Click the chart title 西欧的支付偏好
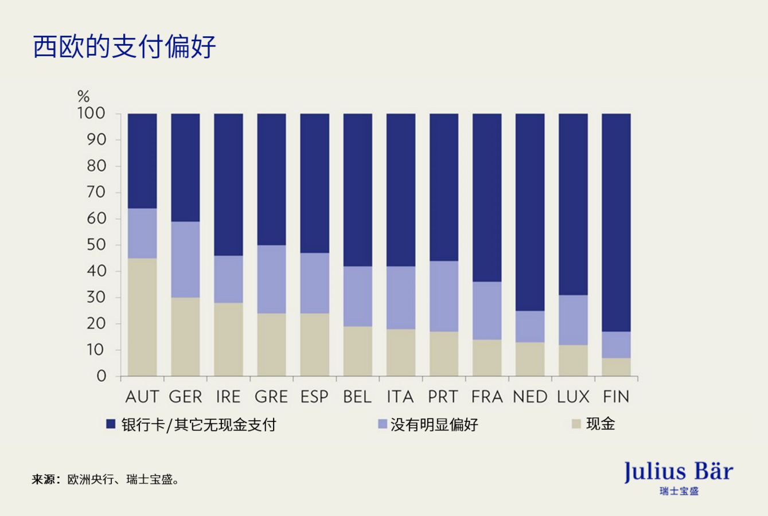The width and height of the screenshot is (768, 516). click(x=124, y=46)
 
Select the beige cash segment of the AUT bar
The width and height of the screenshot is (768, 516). click(x=142, y=317)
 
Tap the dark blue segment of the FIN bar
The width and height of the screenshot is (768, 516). click(x=616, y=222)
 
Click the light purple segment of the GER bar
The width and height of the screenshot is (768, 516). click(x=185, y=259)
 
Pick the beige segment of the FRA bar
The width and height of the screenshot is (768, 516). click(x=487, y=358)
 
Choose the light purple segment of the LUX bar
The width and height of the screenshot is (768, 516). click(x=573, y=320)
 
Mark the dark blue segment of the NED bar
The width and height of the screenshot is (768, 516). click(x=530, y=212)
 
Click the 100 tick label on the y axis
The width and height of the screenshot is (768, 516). click(x=91, y=114)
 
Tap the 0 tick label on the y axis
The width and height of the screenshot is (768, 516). click(x=102, y=376)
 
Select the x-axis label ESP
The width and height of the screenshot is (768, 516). click(x=314, y=397)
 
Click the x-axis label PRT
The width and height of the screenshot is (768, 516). click(x=443, y=397)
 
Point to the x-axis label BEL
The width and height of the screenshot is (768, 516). click(x=357, y=397)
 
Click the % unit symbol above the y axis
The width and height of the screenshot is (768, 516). click(x=84, y=96)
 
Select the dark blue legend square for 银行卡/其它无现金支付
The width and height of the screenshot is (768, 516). click(x=111, y=424)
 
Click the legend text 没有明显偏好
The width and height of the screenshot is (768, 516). click(x=434, y=425)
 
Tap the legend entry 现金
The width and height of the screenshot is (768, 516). click(x=600, y=424)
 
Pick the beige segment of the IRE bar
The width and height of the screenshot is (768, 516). click(x=228, y=339)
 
